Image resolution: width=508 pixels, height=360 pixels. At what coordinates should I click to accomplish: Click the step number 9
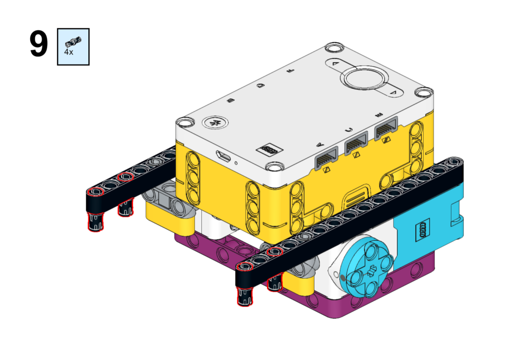click(39, 44)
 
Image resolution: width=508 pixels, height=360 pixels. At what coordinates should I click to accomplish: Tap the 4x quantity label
click(68, 52)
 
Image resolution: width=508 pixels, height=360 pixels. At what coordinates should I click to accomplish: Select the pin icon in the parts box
click(73, 42)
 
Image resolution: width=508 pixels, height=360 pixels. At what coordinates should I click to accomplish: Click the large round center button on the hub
click(364, 78)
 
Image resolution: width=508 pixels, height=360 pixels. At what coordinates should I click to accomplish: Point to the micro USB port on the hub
click(224, 156)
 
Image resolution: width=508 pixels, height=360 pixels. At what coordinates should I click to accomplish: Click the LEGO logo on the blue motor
click(423, 230)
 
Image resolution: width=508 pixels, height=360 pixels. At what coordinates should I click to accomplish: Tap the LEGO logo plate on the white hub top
click(269, 149)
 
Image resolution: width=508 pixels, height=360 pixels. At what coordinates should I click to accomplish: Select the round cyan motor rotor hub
click(367, 267)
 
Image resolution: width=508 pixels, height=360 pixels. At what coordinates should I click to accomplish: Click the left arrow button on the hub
click(335, 64)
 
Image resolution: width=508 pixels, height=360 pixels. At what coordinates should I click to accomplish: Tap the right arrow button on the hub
click(393, 93)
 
